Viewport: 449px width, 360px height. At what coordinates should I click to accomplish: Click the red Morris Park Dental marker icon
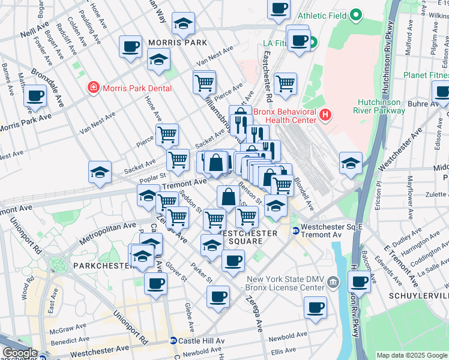pos(93,88)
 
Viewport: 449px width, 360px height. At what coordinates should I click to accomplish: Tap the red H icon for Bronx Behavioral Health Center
pos(325,113)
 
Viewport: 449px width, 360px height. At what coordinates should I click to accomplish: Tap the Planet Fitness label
pos(425,75)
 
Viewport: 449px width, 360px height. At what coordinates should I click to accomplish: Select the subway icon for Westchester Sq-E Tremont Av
pos(295,231)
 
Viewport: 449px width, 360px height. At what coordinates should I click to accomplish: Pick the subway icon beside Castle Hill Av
pos(173,340)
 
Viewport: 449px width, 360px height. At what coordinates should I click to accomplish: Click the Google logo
pos(19,353)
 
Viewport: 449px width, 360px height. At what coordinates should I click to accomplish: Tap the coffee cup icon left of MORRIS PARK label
pos(130,47)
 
